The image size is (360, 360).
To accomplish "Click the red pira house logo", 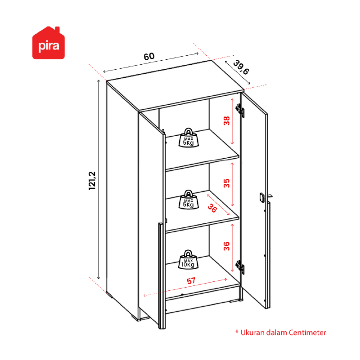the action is coord(49,43).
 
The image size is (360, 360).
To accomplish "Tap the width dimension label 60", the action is coord(149,56).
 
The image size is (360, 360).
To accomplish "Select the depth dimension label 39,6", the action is coord(241,67).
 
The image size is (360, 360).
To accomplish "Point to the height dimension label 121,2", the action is coord(92,181).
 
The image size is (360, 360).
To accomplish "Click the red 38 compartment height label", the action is coord(227,121).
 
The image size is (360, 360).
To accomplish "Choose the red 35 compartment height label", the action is coord(227,183).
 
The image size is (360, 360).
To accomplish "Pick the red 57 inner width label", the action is coord(191,281).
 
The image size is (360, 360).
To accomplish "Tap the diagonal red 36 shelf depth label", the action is coord(212,208).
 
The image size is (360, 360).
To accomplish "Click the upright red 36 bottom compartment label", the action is coord(227,246).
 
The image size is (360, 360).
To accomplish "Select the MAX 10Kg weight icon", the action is coord(188,259).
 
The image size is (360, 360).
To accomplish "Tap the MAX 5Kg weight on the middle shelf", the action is coord(189,200).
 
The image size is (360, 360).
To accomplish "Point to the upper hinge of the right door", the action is coord(240,110).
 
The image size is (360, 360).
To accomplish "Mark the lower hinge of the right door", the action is coord(240,267).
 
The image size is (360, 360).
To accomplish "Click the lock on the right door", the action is coord(262,198).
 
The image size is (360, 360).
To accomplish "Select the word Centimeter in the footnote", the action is coord(307,333).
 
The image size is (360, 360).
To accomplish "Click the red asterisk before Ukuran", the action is coord(237,331).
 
